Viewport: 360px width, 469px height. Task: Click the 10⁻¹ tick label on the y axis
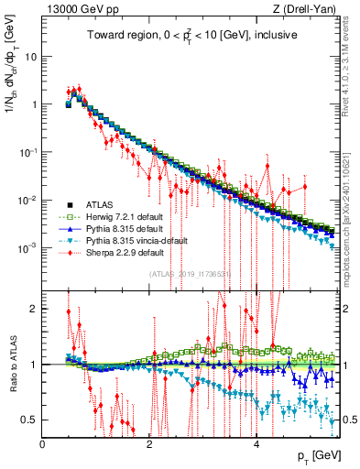pos(27,152)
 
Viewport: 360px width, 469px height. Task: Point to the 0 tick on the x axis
pos(43,443)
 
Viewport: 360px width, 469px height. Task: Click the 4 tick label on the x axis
pos(256,443)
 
